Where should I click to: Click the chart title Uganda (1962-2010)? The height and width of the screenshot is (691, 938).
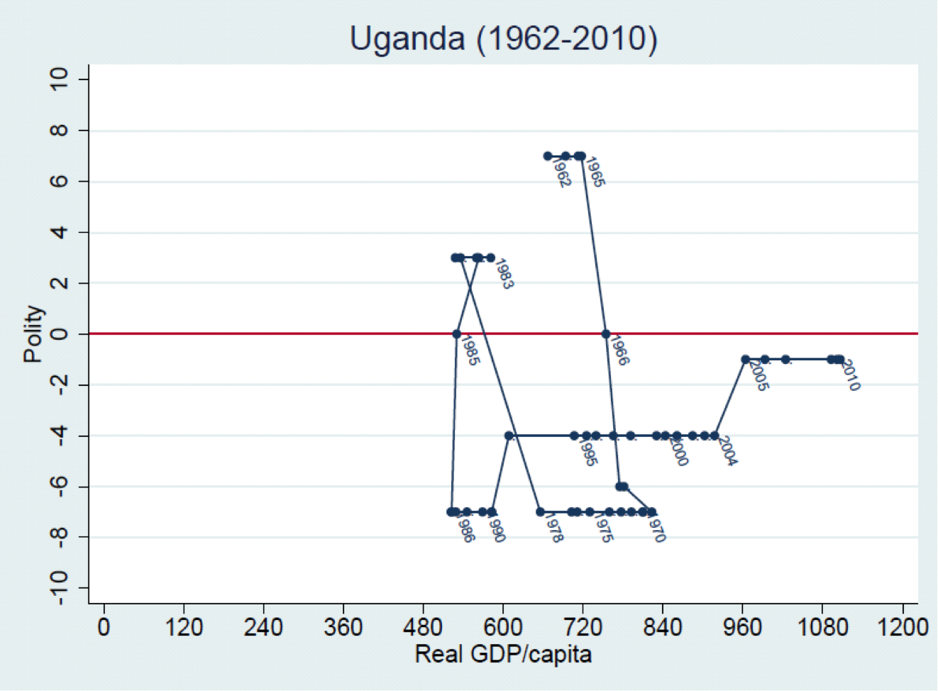[x=503, y=38]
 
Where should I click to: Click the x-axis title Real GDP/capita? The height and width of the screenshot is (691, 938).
[x=503, y=653]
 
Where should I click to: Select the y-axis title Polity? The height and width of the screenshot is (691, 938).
[x=33, y=333]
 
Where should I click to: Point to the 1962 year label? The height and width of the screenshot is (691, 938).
[x=561, y=172]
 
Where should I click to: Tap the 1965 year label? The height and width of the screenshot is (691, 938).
[x=595, y=172]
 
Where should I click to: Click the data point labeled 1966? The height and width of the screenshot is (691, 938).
[x=606, y=333]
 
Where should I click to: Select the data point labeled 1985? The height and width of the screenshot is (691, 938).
[x=457, y=333]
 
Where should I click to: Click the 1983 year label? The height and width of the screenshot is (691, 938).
[x=503, y=274]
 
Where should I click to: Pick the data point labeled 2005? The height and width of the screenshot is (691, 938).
[x=746, y=360]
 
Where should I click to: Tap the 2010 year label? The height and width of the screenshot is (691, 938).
[x=849, y=375]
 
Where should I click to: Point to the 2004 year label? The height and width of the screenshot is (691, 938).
[x=726, y=451]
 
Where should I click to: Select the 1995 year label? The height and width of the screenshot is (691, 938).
[x=587, y=452]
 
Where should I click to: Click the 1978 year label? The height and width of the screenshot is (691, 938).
[x=553, y=528]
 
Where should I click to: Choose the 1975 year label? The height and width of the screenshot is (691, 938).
[x=602, y=528]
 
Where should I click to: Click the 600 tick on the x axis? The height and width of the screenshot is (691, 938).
[x=503, y=628]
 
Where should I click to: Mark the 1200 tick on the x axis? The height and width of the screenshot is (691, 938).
[x=902, y=628]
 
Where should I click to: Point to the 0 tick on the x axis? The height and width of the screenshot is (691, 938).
[x=104, y=628]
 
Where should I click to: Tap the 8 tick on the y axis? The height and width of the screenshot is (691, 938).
[x=60, y=131]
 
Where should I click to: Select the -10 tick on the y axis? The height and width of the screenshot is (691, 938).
[x=60, y=588]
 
